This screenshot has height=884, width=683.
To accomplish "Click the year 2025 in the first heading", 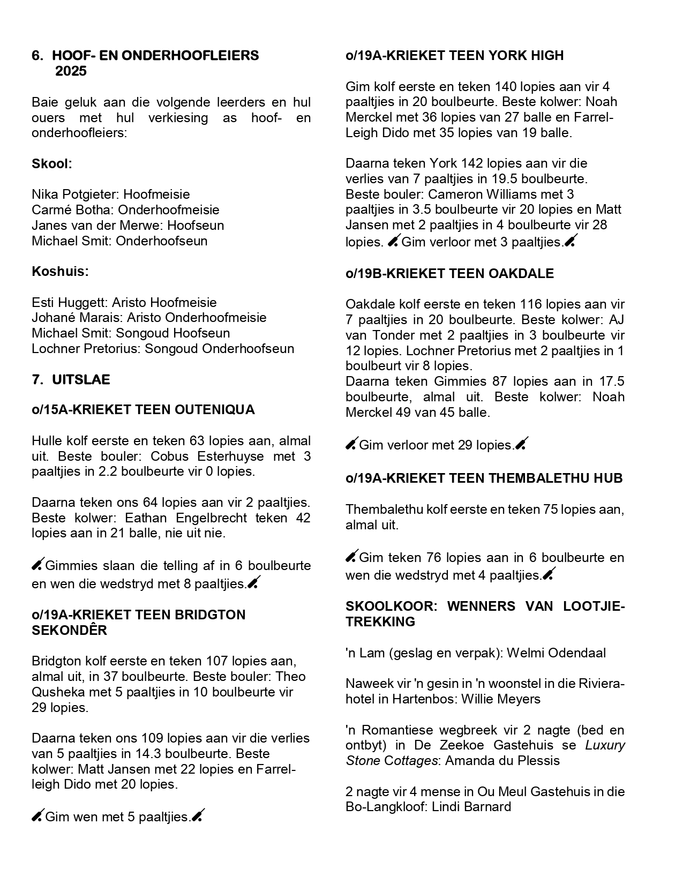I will (x=71, y=71).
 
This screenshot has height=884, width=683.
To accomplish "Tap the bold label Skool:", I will (x=51, y=163).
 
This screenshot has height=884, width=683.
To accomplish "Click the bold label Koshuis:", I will (x=59, y=272).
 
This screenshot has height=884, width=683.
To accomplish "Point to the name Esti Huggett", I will (x=68, y=303).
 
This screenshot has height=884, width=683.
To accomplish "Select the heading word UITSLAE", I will (x=81, y=380).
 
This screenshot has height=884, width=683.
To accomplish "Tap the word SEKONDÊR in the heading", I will (x=70, y=631).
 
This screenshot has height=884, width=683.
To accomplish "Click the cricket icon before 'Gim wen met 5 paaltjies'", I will (x=37, y=816).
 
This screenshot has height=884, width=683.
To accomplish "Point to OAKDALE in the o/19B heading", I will (x=521, y=273).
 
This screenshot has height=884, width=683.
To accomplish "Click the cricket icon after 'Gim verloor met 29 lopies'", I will (x=522, y=444).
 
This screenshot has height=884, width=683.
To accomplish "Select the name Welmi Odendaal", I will (x=556, y=653).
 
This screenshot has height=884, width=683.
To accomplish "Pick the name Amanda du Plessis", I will (x=502, y=761).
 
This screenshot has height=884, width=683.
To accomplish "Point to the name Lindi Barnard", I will (x=471, y=807).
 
